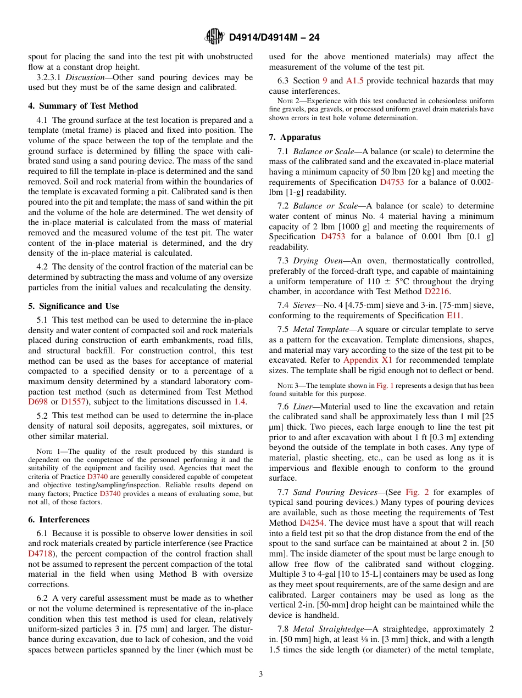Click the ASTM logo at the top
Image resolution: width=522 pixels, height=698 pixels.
pos(214,37)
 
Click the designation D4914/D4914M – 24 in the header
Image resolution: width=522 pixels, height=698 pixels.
pos(274,37)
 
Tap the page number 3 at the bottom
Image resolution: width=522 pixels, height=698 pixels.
pos(261,674)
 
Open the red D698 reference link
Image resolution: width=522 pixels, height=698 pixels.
pos(38,402)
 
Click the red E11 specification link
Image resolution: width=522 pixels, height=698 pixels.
pos(454,316)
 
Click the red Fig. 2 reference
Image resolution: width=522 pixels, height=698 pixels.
pos(416,492)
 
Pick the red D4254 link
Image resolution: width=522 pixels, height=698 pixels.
pos(311,523)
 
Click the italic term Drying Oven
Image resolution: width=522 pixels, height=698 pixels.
pos(317,261)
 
